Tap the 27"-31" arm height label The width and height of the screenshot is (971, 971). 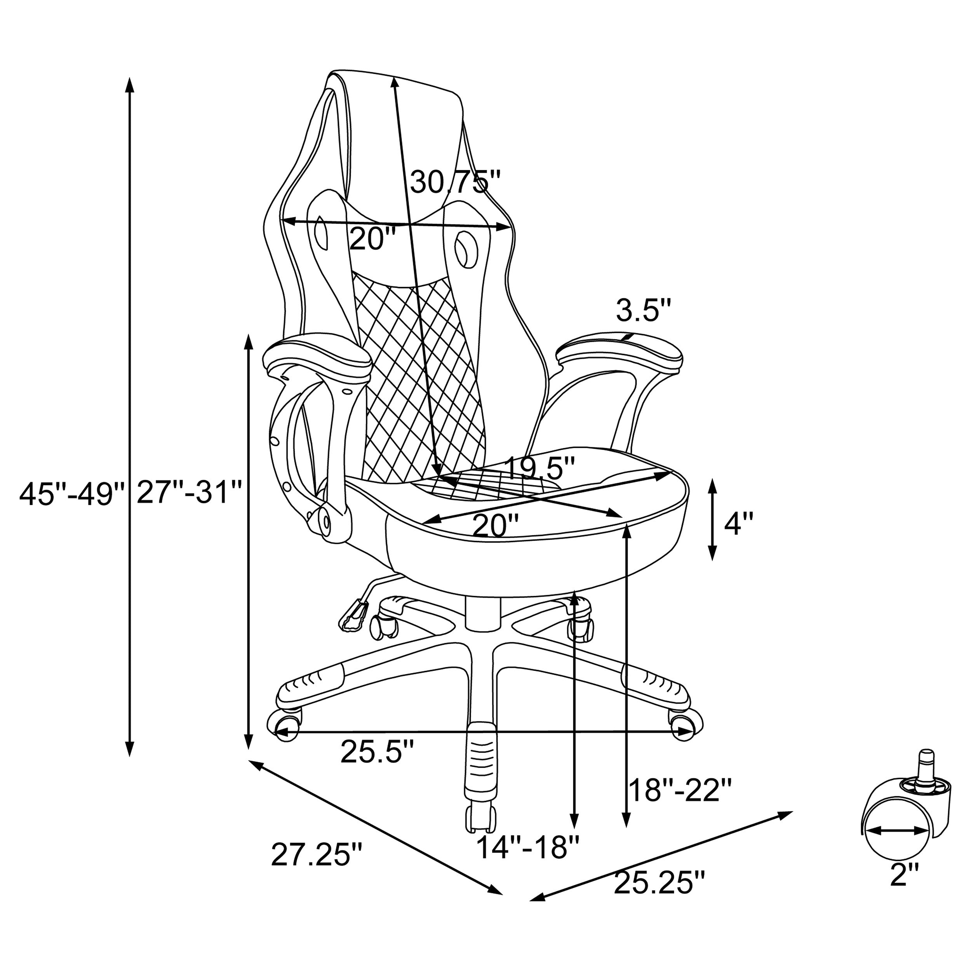[x=190, y=492]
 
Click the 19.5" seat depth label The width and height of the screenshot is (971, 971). [x=538, y=469]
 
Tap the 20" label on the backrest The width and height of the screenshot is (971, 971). [x=373, y=239]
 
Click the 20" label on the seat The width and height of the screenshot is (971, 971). [x=495, y=526]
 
